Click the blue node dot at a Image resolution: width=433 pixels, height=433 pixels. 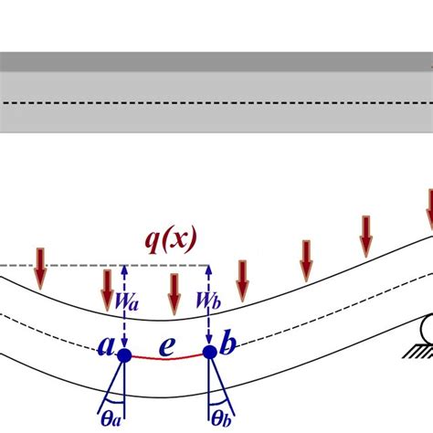click(124, 354)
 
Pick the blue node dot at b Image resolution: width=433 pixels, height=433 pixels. click(210, 352)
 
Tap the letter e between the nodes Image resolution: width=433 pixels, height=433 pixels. click(166, 348)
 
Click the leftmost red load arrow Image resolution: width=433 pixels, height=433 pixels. click(39, 265)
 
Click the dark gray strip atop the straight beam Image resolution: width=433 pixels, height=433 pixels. click(216, 61)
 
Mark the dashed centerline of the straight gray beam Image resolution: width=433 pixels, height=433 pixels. click(216, 103)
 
